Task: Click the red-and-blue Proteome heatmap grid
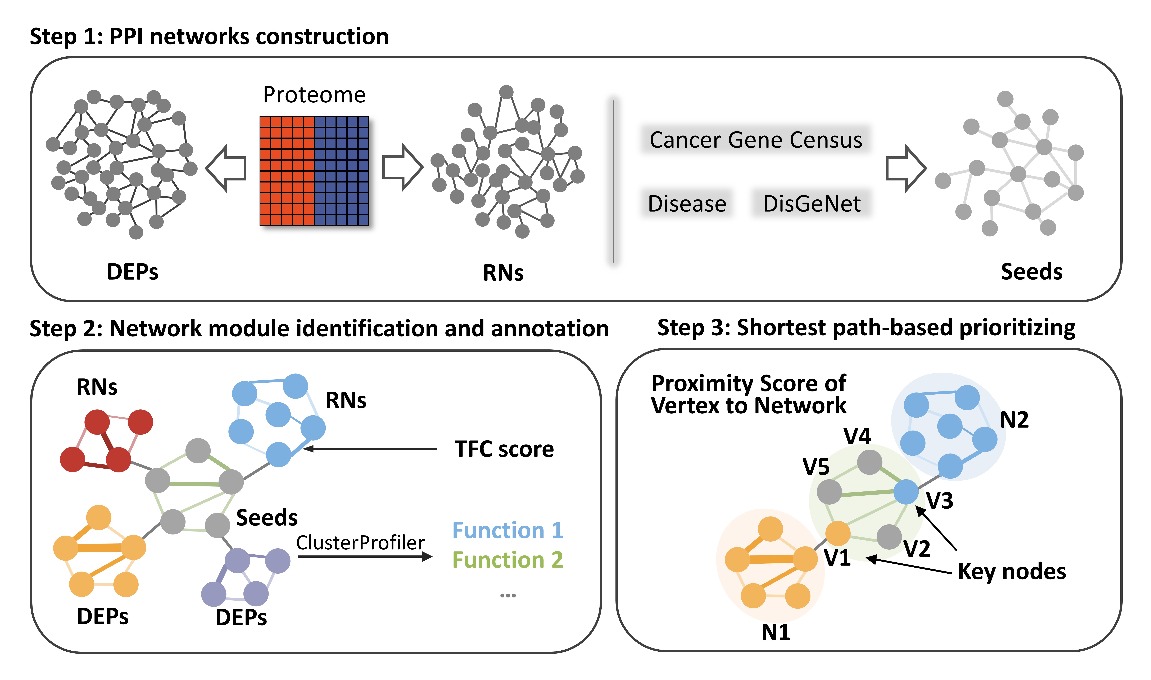tap(314, 170)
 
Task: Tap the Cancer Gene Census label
tap(756, 140)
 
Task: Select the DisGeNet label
tap(812, 203)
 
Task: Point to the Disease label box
tap(687, 203)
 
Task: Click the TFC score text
tap(504, 449)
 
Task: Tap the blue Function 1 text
tap(507, 530)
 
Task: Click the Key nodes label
tap(1012, 571)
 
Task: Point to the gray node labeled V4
tap(869, 462)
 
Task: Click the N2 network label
tap(1014, 420)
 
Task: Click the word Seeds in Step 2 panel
tap(267, 518)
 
